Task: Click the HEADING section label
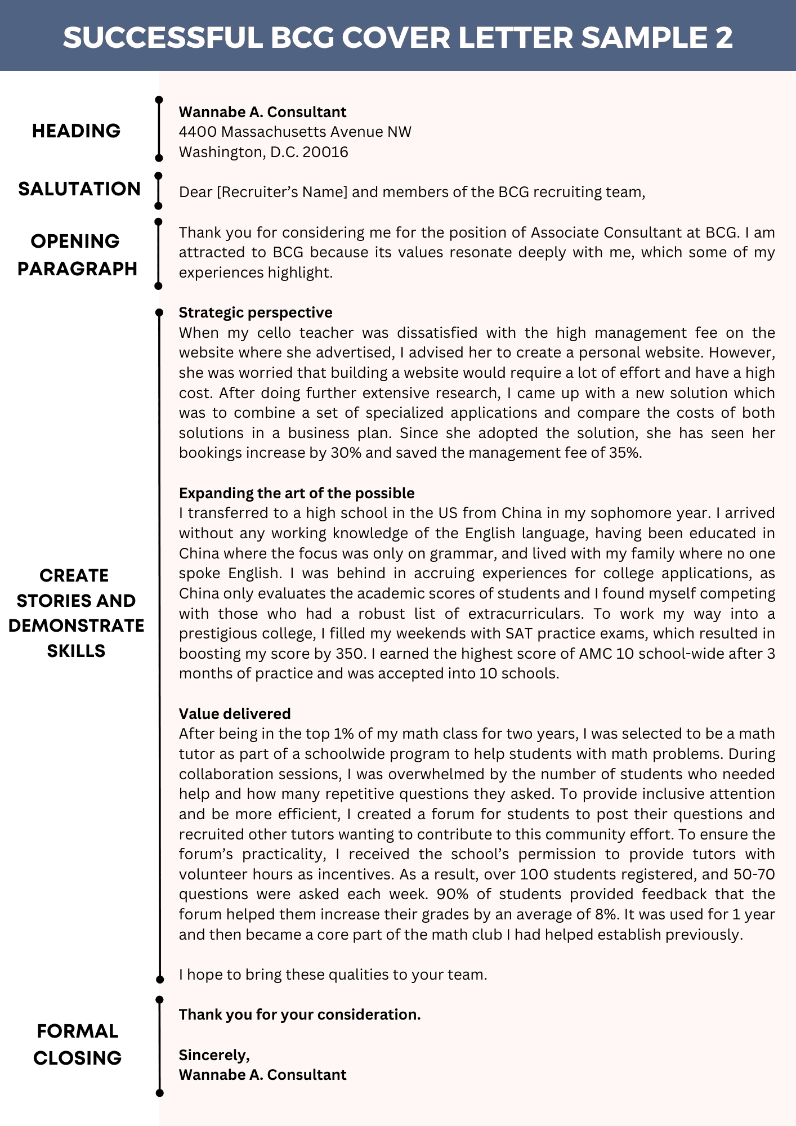pyautogui.click(x=76, y=131)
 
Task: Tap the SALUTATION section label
pyautogui.click(x=79, y=189)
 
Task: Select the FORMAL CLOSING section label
pyautogui.click(x=77, y=1044)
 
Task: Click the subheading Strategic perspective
pyautogui.click(x=256, y=312)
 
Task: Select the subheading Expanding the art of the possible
pyautogui.click(x=297, y=493)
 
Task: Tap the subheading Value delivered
pyautogui.click(x=235, y=714)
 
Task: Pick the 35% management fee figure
pyautogui.click(x=624, y=453)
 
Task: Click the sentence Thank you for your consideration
pyautogui.click(x=299, y=1015)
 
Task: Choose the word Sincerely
pyautogui.click(x=214, y=1054)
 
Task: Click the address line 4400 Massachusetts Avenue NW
pyautogui.click(x=295, y=132)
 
